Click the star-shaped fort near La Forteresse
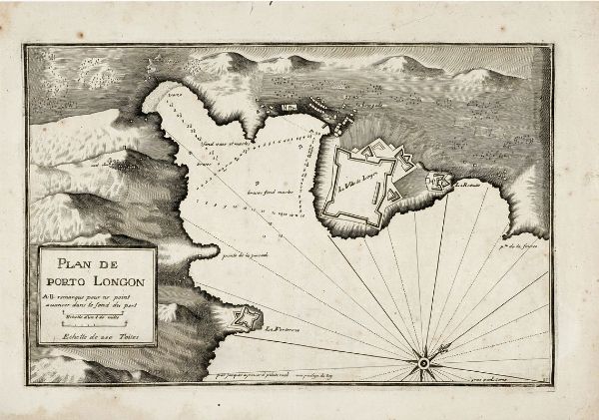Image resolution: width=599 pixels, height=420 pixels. click(x=238, y=319)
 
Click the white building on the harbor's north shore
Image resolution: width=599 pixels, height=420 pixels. click(x=291, y=106)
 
